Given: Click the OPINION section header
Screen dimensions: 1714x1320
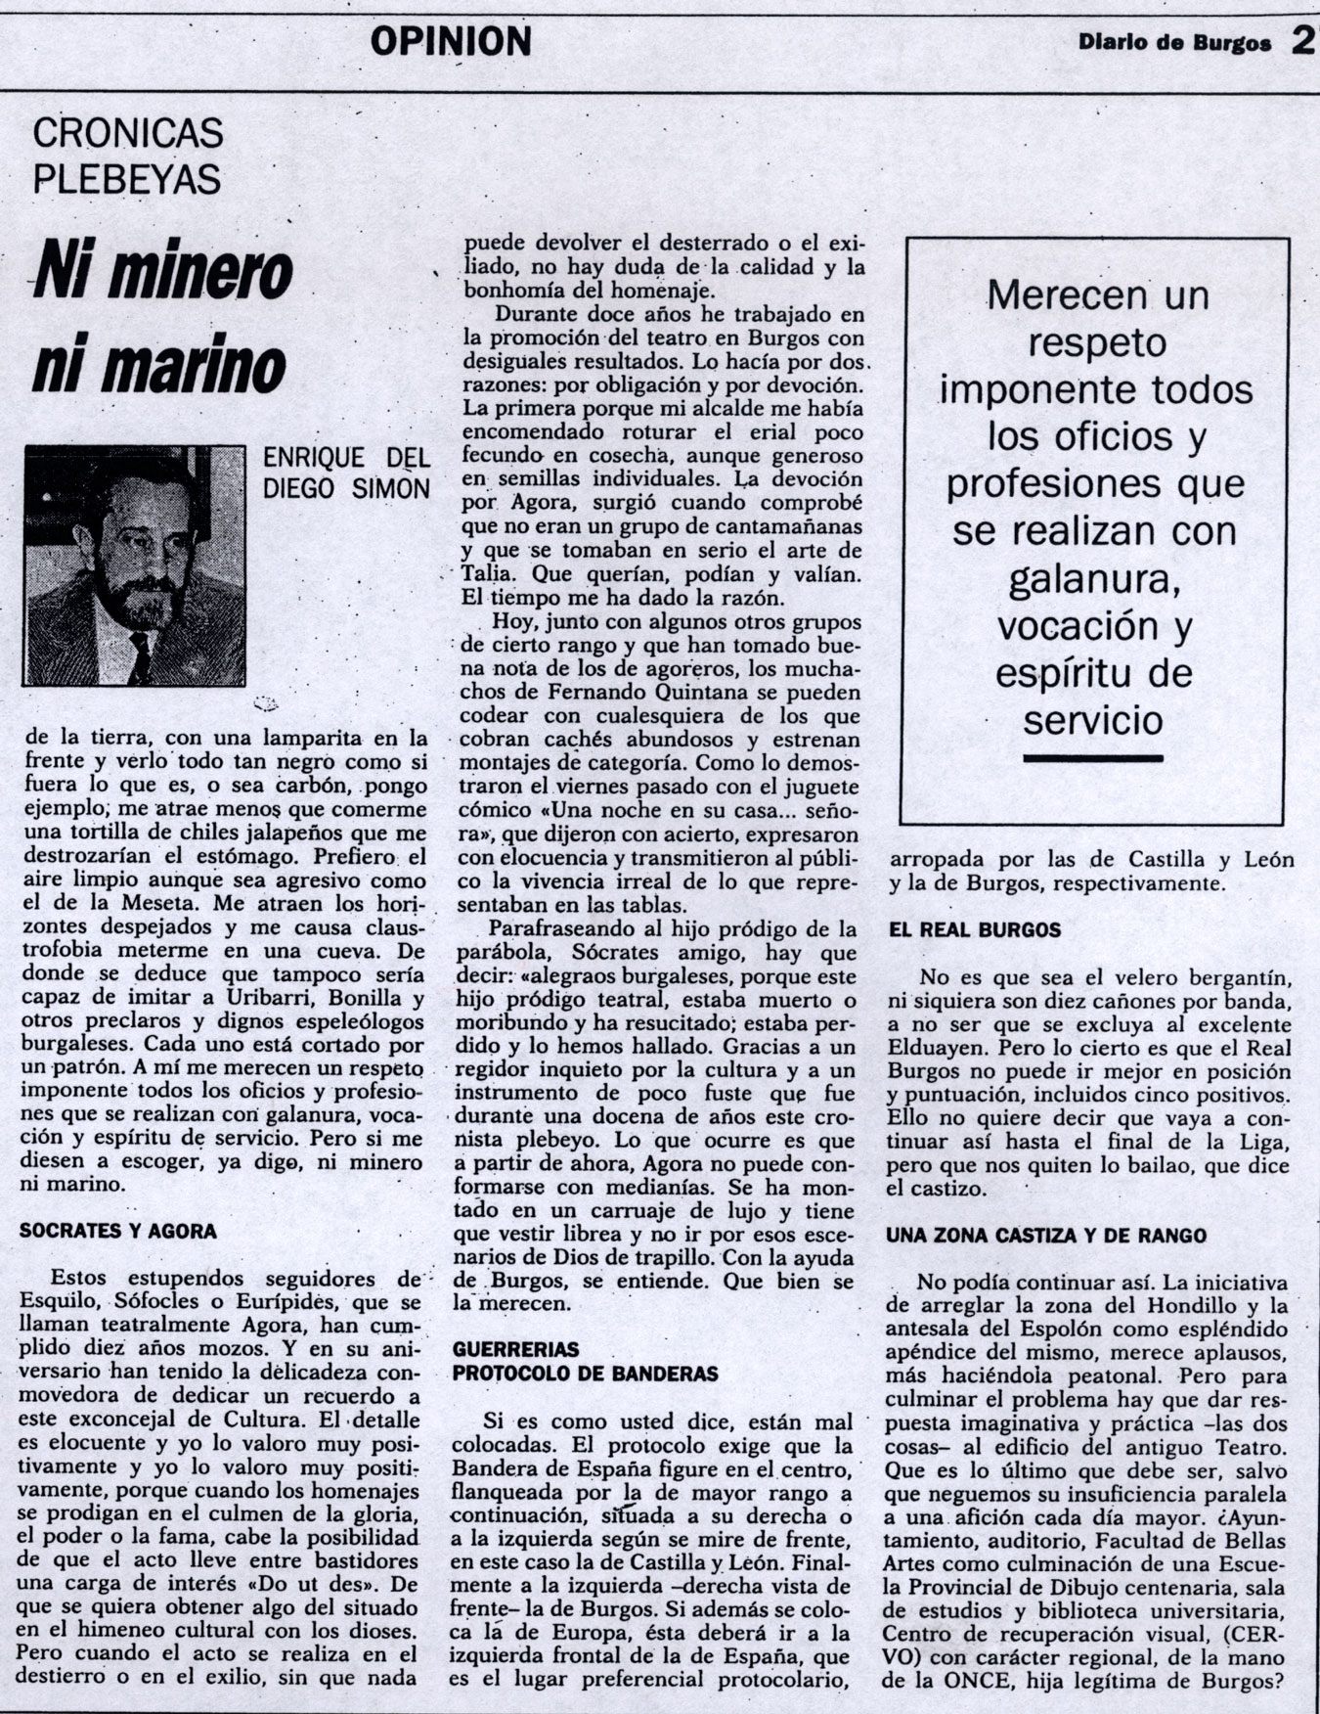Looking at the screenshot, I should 452,41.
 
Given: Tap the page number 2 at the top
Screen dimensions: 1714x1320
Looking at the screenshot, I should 1301,41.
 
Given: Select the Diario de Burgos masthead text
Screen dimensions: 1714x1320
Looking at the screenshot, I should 1174,43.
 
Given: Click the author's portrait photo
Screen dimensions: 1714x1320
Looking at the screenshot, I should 134,564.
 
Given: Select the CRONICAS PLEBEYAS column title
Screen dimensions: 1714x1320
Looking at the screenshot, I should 126,157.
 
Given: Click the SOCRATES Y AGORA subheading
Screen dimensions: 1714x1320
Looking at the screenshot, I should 118,1231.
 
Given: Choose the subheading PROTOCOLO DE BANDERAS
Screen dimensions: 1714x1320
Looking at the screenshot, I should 585,1373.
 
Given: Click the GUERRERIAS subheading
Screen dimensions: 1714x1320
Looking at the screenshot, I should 515,1350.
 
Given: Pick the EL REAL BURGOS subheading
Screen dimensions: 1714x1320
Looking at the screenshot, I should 973,929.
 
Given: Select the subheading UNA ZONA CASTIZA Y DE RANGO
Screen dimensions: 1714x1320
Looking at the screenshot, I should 1046,1236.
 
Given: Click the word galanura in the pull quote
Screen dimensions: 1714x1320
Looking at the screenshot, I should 1090,579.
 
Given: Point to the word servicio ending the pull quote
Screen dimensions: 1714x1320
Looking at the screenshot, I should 1093,720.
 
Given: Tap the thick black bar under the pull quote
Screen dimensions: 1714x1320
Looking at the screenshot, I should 1093,757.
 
